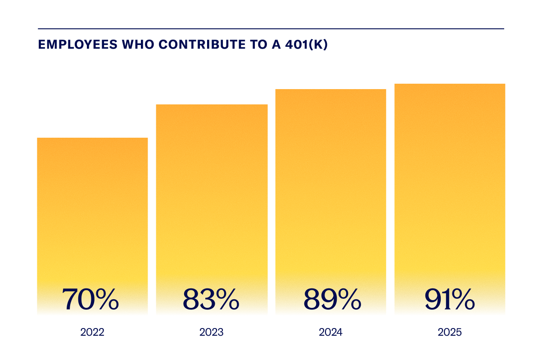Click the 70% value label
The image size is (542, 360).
[90, 299]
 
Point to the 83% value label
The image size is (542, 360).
[211, 299]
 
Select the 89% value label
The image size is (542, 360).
[332, 299]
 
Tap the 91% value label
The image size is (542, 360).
[450, 299]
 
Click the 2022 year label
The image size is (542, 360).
[92, 333]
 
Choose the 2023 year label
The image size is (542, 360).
[212, 333]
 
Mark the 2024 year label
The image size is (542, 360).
[331, 333]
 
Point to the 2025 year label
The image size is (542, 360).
[450, 333]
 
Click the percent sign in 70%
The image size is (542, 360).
[106, 299]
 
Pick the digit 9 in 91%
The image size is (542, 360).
[434, 299]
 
